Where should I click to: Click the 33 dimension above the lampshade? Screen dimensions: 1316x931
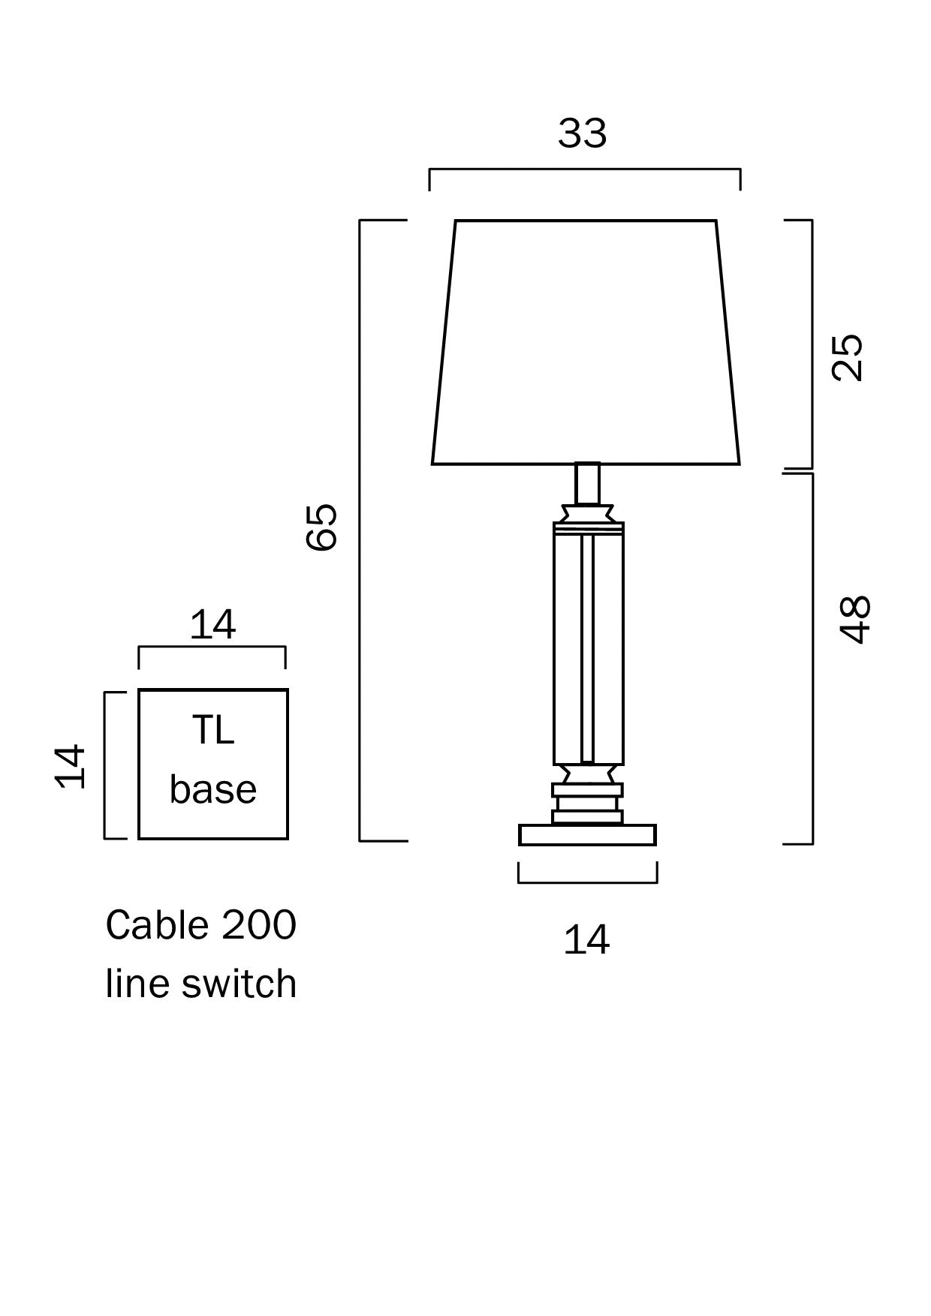(x=582, y=134)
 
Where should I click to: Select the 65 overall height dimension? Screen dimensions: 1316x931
(x=323, y=527)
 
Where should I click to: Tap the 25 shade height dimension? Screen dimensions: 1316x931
(x=848, y=357)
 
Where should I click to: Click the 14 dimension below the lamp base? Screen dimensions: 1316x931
(x=586, y=939)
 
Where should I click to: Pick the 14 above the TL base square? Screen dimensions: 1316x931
(x=212, y=624)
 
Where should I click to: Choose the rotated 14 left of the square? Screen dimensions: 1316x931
(x=71, y=766)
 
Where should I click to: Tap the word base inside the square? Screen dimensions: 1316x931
(x=212, y=789)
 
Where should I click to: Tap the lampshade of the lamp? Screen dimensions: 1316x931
(x=586, y=341)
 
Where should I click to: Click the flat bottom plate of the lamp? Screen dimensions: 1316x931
(x=587, y=835)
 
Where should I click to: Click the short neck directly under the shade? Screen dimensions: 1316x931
(x=587, y=483)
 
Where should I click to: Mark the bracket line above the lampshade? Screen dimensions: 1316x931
(x=585, y=170)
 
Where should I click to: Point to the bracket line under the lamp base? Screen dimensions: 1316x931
(x=588, y=882)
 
